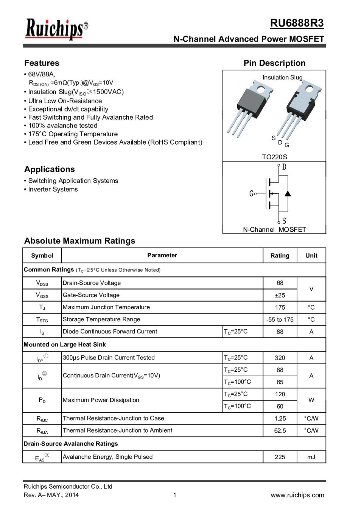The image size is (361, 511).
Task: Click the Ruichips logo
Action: pyautogui.click(x=56, y=29)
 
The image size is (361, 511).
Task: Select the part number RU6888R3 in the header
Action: pyautogui.click(x=297, y=23)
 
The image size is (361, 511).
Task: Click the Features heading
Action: pyautogui.click(x=42, y=63)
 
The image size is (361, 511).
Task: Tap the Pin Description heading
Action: pyautogui.click(x=274, y=63)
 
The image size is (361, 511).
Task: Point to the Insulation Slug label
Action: pyautogui.click(x=282, y=77)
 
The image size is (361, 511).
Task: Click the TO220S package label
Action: pyautogui.click(x=274, y=157)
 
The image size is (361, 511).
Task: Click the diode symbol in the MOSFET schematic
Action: pyautogui.click(x=288, y=193)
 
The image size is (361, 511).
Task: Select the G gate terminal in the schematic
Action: pyautogui.click(x=251, y=194)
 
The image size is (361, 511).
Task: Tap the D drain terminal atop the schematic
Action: pyautogui.click(x=284, y=167)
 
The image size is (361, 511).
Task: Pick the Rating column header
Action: pyautogui.click(x=280, y=255)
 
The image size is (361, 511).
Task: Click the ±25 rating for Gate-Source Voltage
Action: pyautogui.click(x=280, y=295)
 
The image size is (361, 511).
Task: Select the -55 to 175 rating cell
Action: pyautogui.click(x=280, y=319)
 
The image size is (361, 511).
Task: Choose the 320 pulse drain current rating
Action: pyautogui.click(x=280, y=358)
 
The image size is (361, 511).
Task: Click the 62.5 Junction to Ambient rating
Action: pyautogui.click(x=280, y=430)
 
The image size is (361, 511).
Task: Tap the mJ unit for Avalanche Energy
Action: pyautogui.click(x=311, y=457)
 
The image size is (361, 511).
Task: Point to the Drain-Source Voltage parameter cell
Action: pyautogui.click(x=92, y=283)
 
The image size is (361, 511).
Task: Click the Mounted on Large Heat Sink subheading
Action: pyautogui.click(x=65, y=344)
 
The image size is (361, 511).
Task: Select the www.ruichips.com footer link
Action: pyautogui.click(x=297, y=495)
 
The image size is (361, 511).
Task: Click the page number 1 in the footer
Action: pyautogui.click(x=174, y=495)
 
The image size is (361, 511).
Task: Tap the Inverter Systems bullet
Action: pyautogui.click(x=53, y=189)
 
